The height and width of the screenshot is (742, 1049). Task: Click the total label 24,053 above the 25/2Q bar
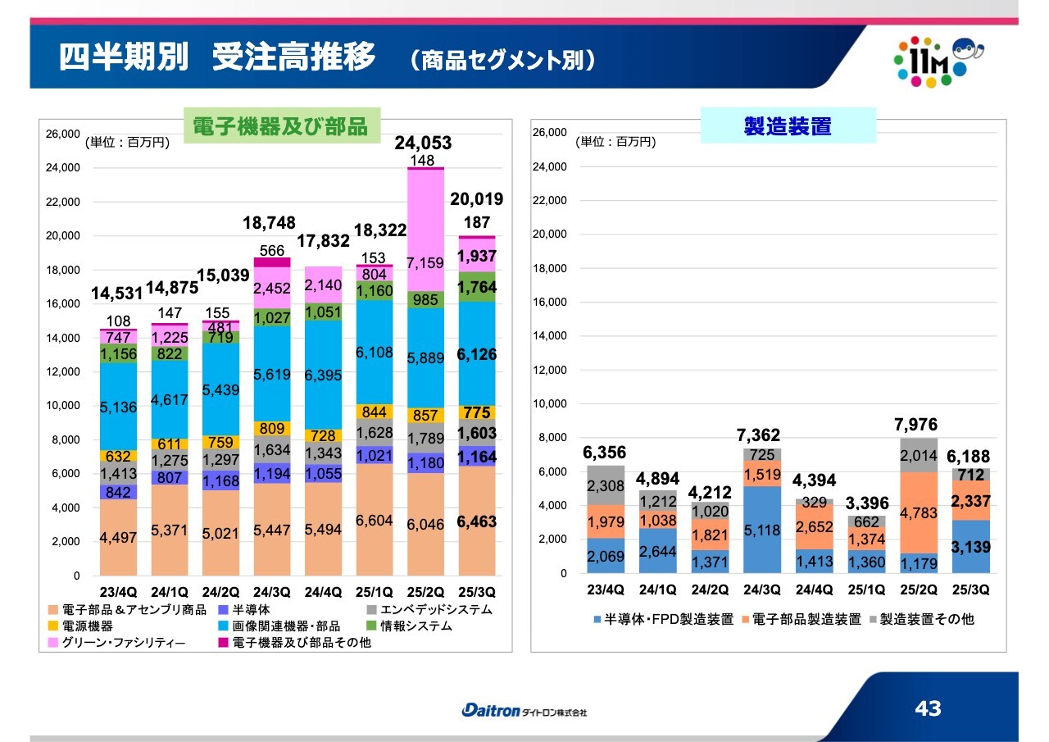pos(423,143)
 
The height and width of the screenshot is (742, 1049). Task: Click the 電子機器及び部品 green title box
pos(279,126)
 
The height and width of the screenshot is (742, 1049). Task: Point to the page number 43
pos(929,708)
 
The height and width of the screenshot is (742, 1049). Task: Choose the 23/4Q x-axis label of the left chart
pos(119,592)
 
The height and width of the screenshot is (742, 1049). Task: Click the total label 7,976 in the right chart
pos(915,426)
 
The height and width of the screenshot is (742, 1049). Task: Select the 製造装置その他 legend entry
pos(927,620)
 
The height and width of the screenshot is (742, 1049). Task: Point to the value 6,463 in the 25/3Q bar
pos(477,521)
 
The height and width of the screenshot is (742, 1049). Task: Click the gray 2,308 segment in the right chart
pos(607,485)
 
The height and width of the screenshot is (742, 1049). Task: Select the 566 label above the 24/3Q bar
pos(272,250)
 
